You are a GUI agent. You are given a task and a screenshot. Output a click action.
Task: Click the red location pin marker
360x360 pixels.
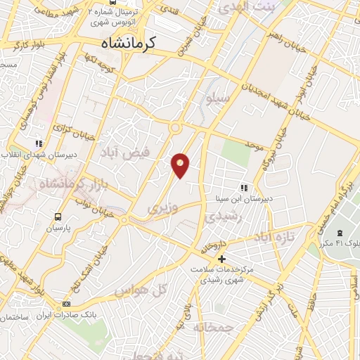coord(181,165)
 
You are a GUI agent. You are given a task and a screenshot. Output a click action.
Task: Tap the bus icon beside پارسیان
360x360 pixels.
coord(58,217)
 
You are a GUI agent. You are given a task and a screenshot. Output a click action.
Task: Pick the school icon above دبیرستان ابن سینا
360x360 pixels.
coord(245,188)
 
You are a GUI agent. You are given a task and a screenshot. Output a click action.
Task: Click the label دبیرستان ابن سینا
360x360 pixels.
coord(245,199)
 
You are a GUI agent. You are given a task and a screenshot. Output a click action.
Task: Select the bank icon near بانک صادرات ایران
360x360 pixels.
coord(67,304)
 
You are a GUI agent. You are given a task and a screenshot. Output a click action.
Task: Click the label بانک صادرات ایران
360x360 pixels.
coord(67,314)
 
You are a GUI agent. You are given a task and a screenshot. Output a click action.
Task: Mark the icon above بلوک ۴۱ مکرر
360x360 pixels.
coord(340,233)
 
